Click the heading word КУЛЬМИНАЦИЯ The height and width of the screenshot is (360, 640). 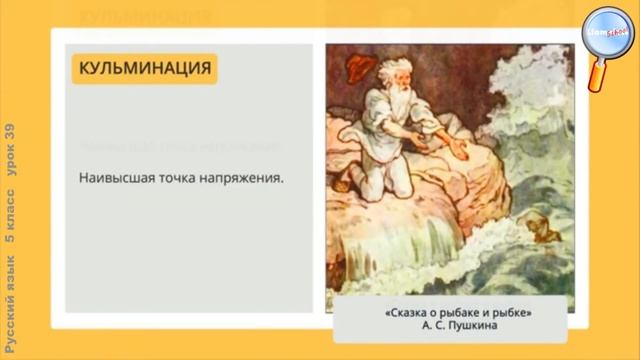[x=143, y=68]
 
